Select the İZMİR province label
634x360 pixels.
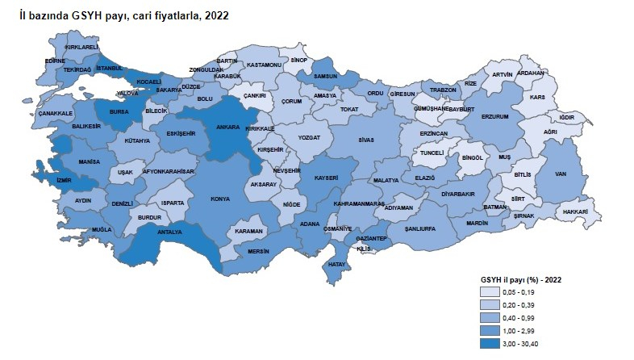point(65,180)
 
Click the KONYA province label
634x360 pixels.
point(219,199)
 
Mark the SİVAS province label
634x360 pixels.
point(367,140)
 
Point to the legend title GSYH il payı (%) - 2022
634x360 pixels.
point(520,278)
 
